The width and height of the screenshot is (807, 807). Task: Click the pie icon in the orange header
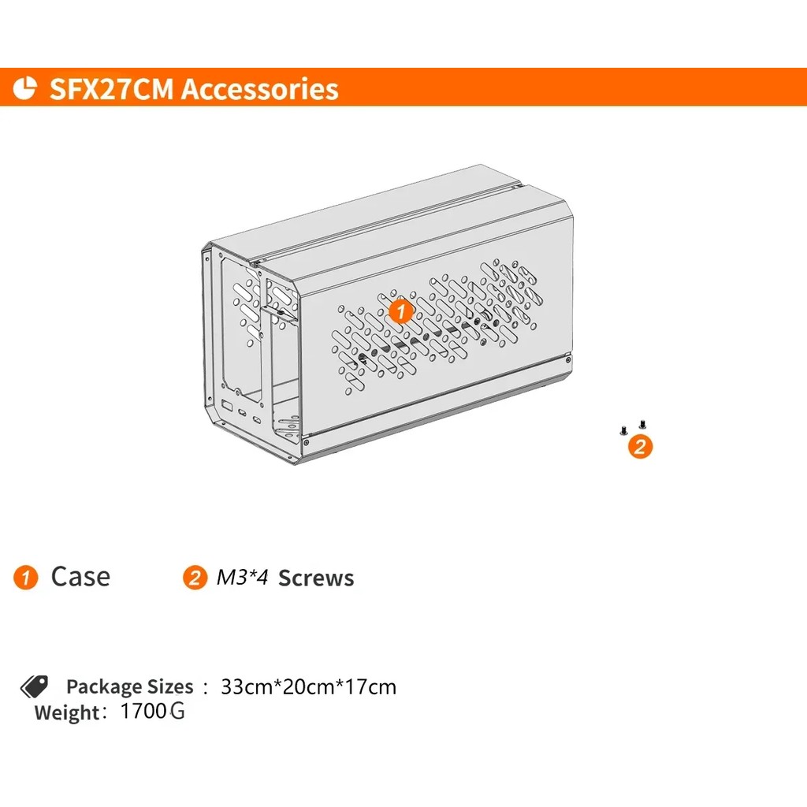pos(24,87)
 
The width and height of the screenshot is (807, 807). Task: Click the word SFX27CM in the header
pos(111,88)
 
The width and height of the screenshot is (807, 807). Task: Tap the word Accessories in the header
pos(260,88)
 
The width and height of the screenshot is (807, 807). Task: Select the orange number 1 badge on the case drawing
pos(400,311)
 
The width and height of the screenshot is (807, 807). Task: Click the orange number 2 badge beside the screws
pos(640,446)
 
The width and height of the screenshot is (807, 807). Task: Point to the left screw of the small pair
pos(624,430)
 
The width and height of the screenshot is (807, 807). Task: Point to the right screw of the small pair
pos(642,425)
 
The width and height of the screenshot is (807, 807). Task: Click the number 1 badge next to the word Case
pos(26,577)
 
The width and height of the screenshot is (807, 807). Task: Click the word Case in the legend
pos(81,576)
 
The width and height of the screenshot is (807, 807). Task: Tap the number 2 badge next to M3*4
pos(195,577)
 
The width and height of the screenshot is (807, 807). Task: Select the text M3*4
pos(242,577)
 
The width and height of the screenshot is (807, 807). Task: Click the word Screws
pos(316,578)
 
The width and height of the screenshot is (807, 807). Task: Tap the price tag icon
pos(34,686)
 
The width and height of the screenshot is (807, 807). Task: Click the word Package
pos(105,687)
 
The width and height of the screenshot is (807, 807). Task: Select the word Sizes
pos(170,686)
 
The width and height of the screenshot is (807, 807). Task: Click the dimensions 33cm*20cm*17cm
pos(309,687)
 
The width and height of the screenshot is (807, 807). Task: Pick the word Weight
pos(67,712)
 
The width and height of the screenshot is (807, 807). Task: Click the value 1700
pos(143,711)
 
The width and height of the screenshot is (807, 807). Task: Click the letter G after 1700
pos(177,711)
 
